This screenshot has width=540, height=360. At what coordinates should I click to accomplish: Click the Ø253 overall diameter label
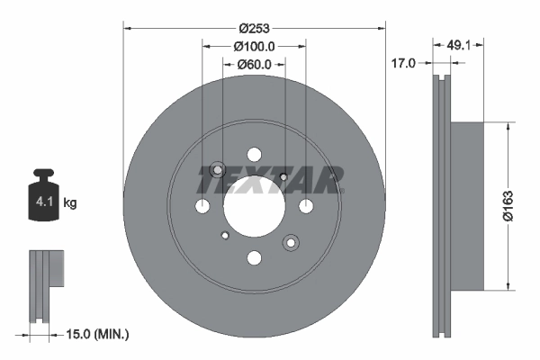click(254, 28)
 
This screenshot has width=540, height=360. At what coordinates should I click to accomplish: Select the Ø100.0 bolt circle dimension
click(253, 46)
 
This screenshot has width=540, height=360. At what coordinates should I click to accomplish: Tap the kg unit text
click(70, 203)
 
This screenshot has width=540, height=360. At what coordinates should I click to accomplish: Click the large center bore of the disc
click(254, 207)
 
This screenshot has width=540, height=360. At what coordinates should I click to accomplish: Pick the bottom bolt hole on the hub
click(254, 259)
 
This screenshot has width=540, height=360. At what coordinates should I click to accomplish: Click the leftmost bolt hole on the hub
click(202, 207)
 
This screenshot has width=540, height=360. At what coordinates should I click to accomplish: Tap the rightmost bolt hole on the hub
click(306, 207)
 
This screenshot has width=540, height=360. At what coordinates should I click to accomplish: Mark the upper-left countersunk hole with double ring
click(217, 171)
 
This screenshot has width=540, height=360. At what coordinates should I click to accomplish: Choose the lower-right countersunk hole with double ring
click(291, 243)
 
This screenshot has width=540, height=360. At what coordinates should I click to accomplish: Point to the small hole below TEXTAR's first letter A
click(283, 176)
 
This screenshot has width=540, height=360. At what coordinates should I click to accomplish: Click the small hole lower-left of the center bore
click(224, 237)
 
